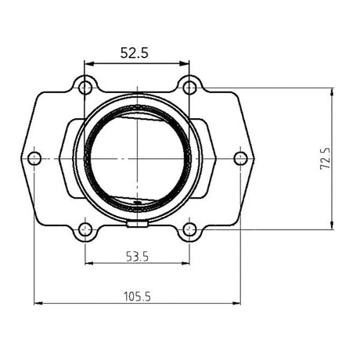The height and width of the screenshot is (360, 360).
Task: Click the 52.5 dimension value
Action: [x=136, y=52]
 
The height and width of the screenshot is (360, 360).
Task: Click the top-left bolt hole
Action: [x=85, y=85]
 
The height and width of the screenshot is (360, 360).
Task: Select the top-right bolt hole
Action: [x=189, y=85]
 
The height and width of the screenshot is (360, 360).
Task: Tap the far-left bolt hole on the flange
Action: [x=34, y=158]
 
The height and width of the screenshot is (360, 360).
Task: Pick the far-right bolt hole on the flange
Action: [x=240, y=158]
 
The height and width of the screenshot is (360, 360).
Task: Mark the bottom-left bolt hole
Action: [x=85, y=230]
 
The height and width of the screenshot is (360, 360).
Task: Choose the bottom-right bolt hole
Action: [x=189, y=230]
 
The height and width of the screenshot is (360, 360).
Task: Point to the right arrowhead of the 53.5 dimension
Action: [x=187, y=261]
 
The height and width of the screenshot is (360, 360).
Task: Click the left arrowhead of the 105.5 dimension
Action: [x=37, y=304]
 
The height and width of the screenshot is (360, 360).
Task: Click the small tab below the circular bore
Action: [x=137, y=225]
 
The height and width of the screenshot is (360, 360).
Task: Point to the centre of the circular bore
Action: [x=137, y=158]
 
